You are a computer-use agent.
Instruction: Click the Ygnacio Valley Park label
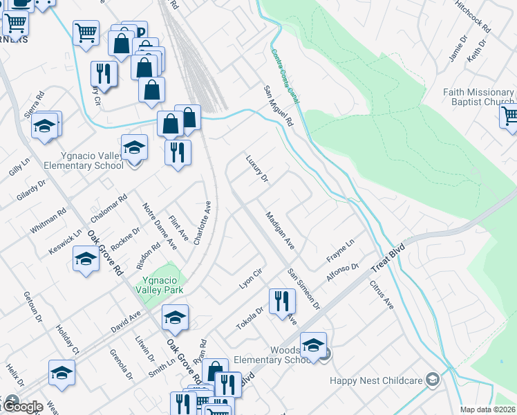tap(163, 285)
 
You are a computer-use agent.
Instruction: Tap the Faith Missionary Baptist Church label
tap(478, 98)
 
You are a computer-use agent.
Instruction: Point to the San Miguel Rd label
tap(279, 105)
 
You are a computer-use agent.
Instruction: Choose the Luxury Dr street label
tap(256, 169)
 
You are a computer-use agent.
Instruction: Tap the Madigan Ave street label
tap(280, 231)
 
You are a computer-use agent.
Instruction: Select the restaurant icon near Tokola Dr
tap(281, 301)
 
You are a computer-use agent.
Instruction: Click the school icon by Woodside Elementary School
tap(313, 344)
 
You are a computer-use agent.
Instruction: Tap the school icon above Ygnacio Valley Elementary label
tap(134, 147)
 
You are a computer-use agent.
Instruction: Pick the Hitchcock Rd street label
tap(472, 16)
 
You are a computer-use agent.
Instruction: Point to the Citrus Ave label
tap(381, 295)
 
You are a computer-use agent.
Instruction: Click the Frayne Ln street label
tap(340, 250)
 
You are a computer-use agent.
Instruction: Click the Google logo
tap(23, 407)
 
